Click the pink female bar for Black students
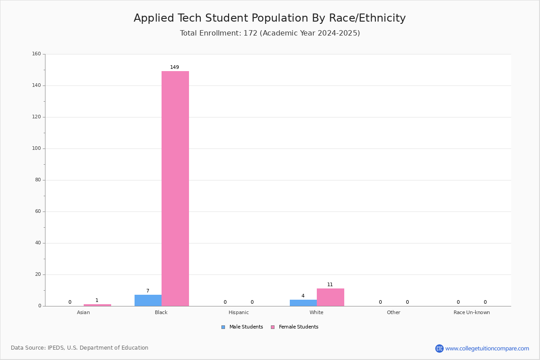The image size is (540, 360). [175, 189]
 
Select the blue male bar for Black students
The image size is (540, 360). [148, 301]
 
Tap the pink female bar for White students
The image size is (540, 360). [330, 297]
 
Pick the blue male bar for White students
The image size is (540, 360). [303, 303]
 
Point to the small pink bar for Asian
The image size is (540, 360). [97, 305]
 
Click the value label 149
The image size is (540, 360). [175, 67]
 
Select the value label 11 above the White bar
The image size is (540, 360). [330, 284]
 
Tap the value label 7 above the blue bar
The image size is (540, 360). [148, 291]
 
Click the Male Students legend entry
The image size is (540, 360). [242, 327]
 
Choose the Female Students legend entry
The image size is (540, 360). [295, 327]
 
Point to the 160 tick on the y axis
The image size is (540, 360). [36, 54]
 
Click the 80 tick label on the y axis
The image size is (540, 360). [38, 180]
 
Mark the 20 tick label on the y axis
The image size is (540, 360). [38, 274]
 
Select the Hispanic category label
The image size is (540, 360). [238, 312]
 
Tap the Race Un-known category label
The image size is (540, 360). [472, 312]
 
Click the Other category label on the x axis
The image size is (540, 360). [394, 312]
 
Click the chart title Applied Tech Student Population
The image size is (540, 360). [270, 18]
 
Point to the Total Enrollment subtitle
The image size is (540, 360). [270, 33]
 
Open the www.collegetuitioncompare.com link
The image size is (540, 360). [487, 348]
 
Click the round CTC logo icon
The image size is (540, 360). [439, 348]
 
